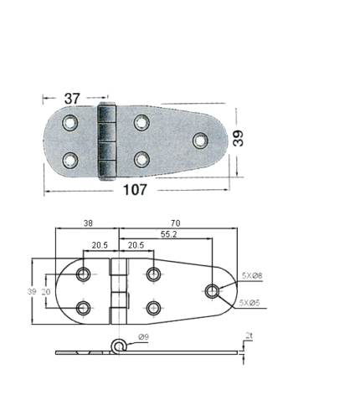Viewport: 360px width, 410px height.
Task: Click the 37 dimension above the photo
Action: pyautogui.click(x=72, y=99)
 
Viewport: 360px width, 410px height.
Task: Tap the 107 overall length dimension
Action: pyautogui.click(x=135, y=190)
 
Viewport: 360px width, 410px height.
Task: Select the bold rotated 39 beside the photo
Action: pyautogui.click(x=238, y=138)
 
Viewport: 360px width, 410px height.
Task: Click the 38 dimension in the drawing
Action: pyautogui.click(x=88, y=223)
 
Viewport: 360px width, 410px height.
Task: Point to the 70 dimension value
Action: pyautogui.click(x=176, y=223)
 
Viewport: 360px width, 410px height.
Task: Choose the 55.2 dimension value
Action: pyautogui.click(x=168, y=234)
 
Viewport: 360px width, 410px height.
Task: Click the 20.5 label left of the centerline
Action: pyautogui.click(x=100, y=245)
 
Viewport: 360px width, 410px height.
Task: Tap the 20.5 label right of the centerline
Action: pyautogui.click(x=136, y=245)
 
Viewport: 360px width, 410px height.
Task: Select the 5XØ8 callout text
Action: pyautogui.click(x=252, y=276)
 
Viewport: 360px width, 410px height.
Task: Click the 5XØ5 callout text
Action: pyautogui.click(x=249, y=303)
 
